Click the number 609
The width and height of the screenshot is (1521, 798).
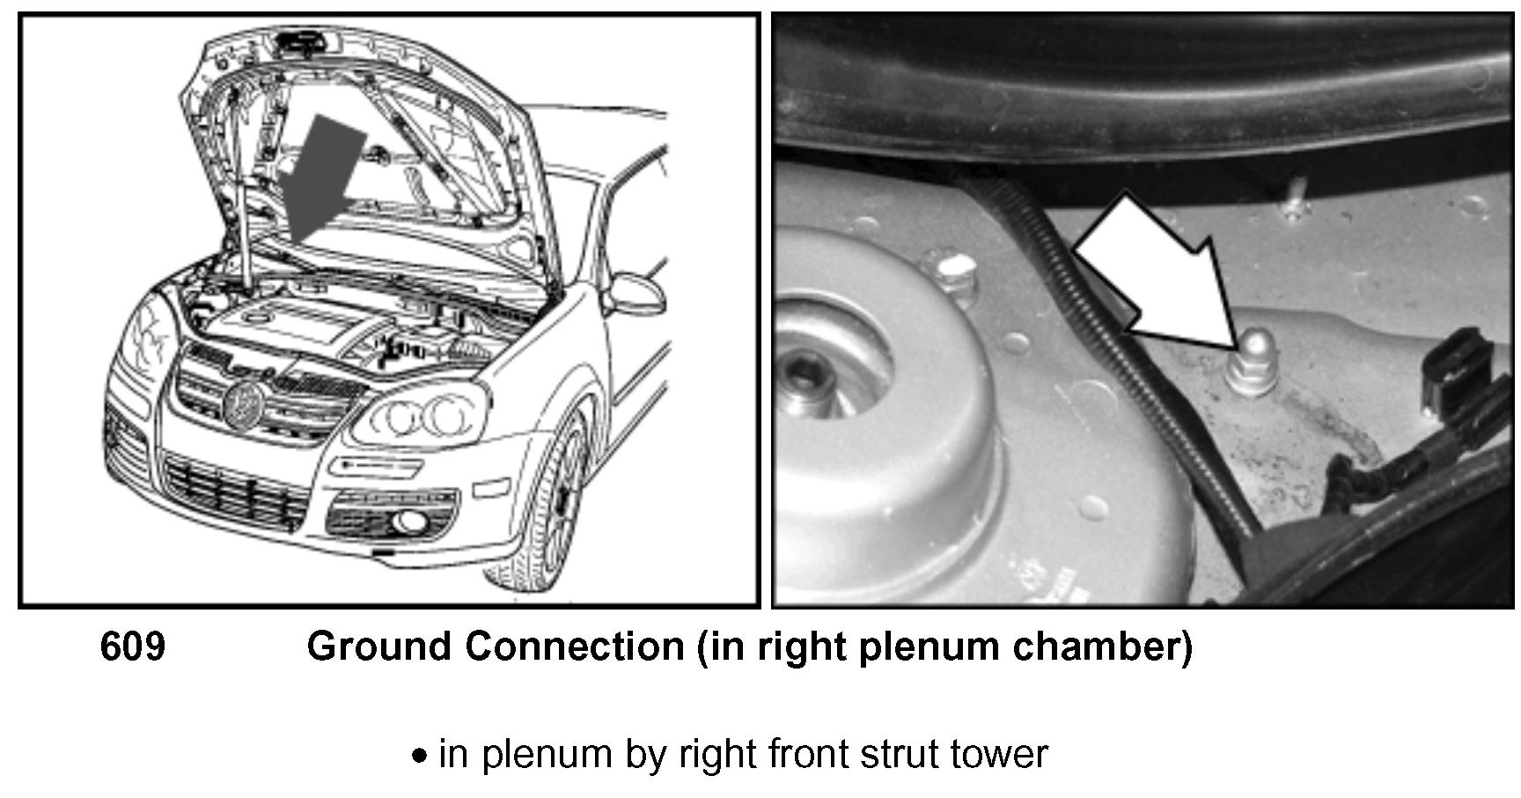click(132, 647)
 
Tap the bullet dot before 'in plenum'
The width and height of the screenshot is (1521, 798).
click(422, 756)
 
